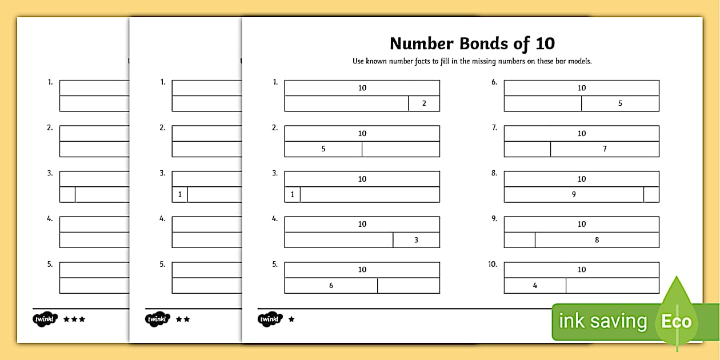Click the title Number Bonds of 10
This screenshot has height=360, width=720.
(472, 43)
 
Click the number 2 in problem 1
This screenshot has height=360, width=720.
(424, 103)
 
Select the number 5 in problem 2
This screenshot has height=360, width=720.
(323, 149)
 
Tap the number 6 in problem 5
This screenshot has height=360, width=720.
(331, 285)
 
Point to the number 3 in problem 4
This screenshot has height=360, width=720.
(416, 240)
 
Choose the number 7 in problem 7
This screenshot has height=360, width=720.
(605, 149)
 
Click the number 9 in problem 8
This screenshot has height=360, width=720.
(574, 194)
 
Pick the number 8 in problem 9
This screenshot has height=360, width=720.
(597, 240)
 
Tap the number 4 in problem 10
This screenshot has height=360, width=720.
(535, 285)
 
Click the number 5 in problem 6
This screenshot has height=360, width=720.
(620, 103)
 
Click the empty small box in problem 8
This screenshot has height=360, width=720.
(651, 194)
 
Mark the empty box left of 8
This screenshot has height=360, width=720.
(519, 240)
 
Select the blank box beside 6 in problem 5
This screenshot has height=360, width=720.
(409, 285)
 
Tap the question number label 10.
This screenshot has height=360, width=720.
(493, 265)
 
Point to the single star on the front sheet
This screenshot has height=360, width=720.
(291, 319)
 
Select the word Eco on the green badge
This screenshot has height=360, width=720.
(677, 321)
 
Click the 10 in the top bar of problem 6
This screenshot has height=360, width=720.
(582, 88)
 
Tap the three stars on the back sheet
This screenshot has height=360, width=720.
(74, 319)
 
